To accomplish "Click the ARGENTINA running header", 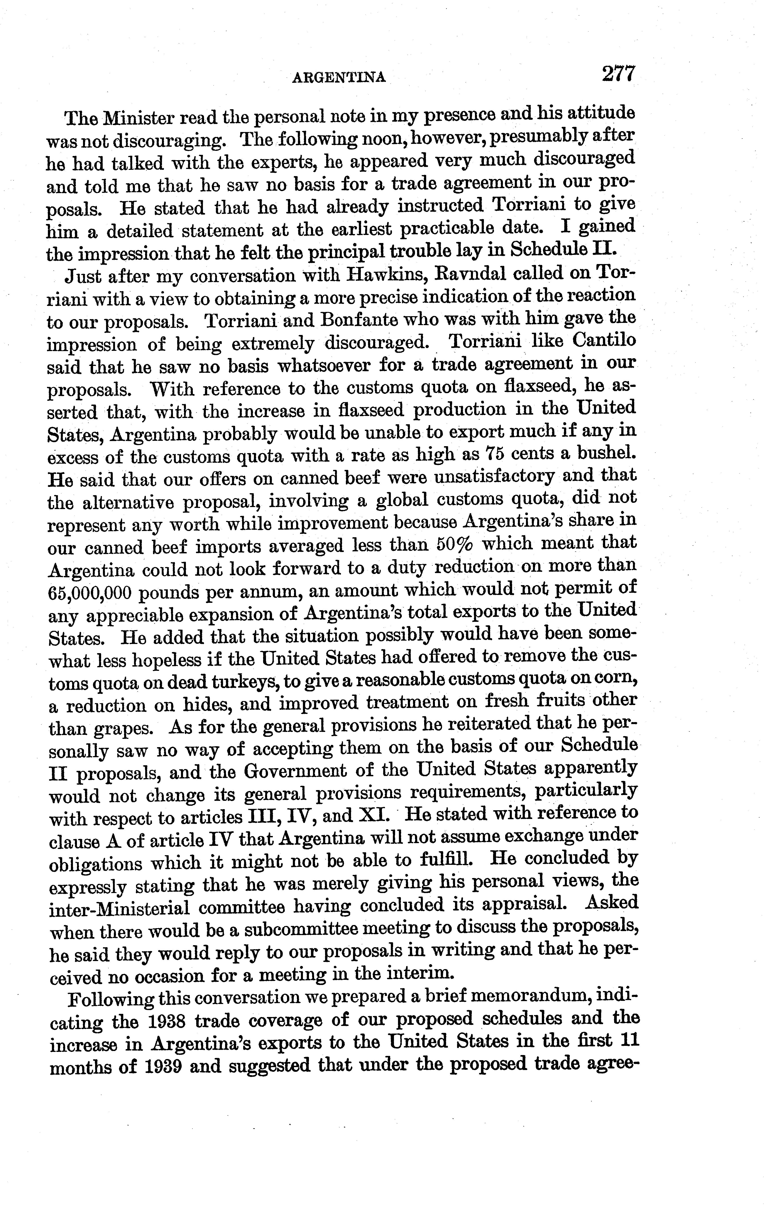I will (x=339, y=77).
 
